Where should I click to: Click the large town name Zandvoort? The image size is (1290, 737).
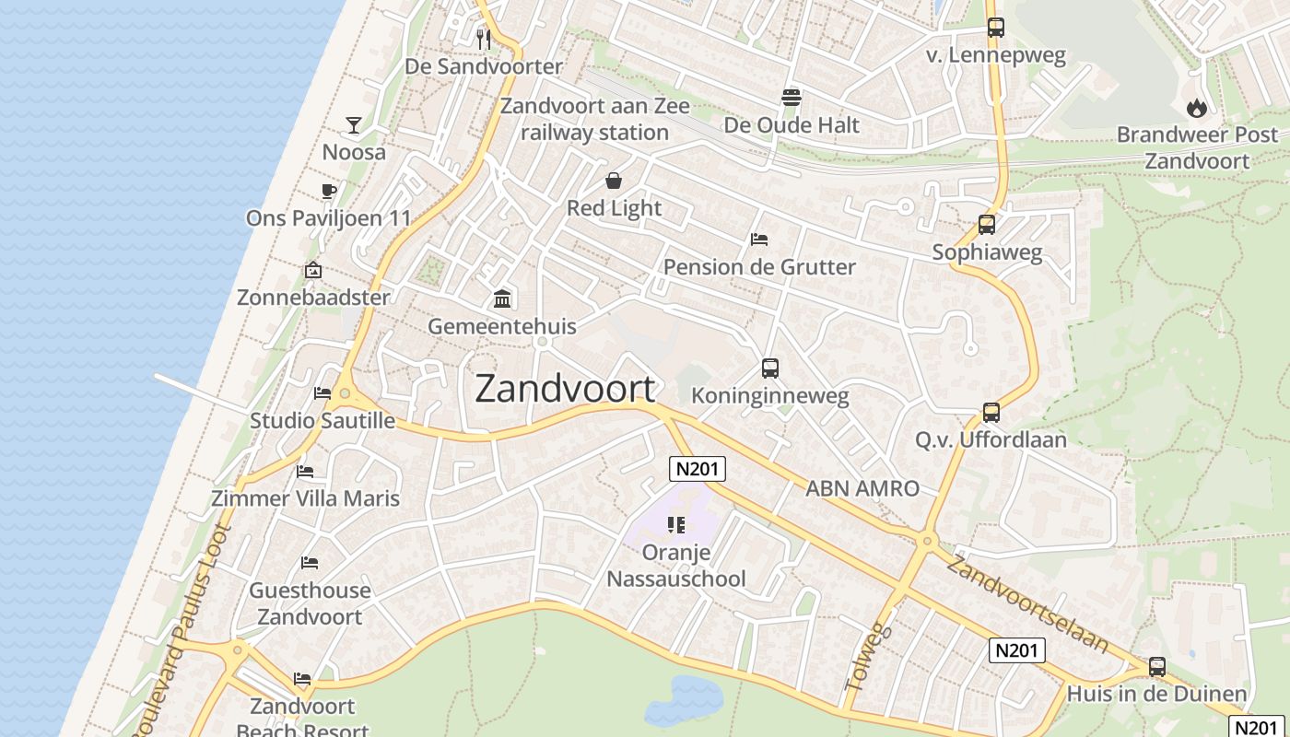pos(565,390)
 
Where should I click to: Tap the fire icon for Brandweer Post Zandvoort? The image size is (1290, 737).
pos(1197,108)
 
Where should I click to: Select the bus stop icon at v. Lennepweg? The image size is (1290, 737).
pos(995,28)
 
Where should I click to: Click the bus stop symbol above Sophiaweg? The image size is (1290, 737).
pos(987,224)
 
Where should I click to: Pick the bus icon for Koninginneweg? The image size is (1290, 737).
pos(770,368)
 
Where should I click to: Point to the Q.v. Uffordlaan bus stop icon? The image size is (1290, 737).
pos(991,412)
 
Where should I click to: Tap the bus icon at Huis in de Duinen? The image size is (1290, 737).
pos(1157,666)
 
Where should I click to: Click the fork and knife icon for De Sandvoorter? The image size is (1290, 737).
pos(484,40)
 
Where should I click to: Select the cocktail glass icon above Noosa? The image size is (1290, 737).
pos(354,124)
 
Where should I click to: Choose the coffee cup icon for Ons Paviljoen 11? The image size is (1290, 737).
pos(328,191)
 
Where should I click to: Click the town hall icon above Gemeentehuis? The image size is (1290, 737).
pos(502,298)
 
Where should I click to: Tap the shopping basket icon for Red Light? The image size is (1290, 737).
pos(614,181)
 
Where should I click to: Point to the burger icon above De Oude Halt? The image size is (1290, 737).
pos(792,97)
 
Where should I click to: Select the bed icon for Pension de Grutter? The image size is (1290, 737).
pos(759,240)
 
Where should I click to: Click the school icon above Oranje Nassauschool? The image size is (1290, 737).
pos(676,525)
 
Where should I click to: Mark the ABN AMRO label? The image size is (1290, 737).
pos(862,489)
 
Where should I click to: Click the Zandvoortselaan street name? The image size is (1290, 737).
pos(1026,603)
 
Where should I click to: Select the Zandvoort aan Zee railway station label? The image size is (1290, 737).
pos(594,119)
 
